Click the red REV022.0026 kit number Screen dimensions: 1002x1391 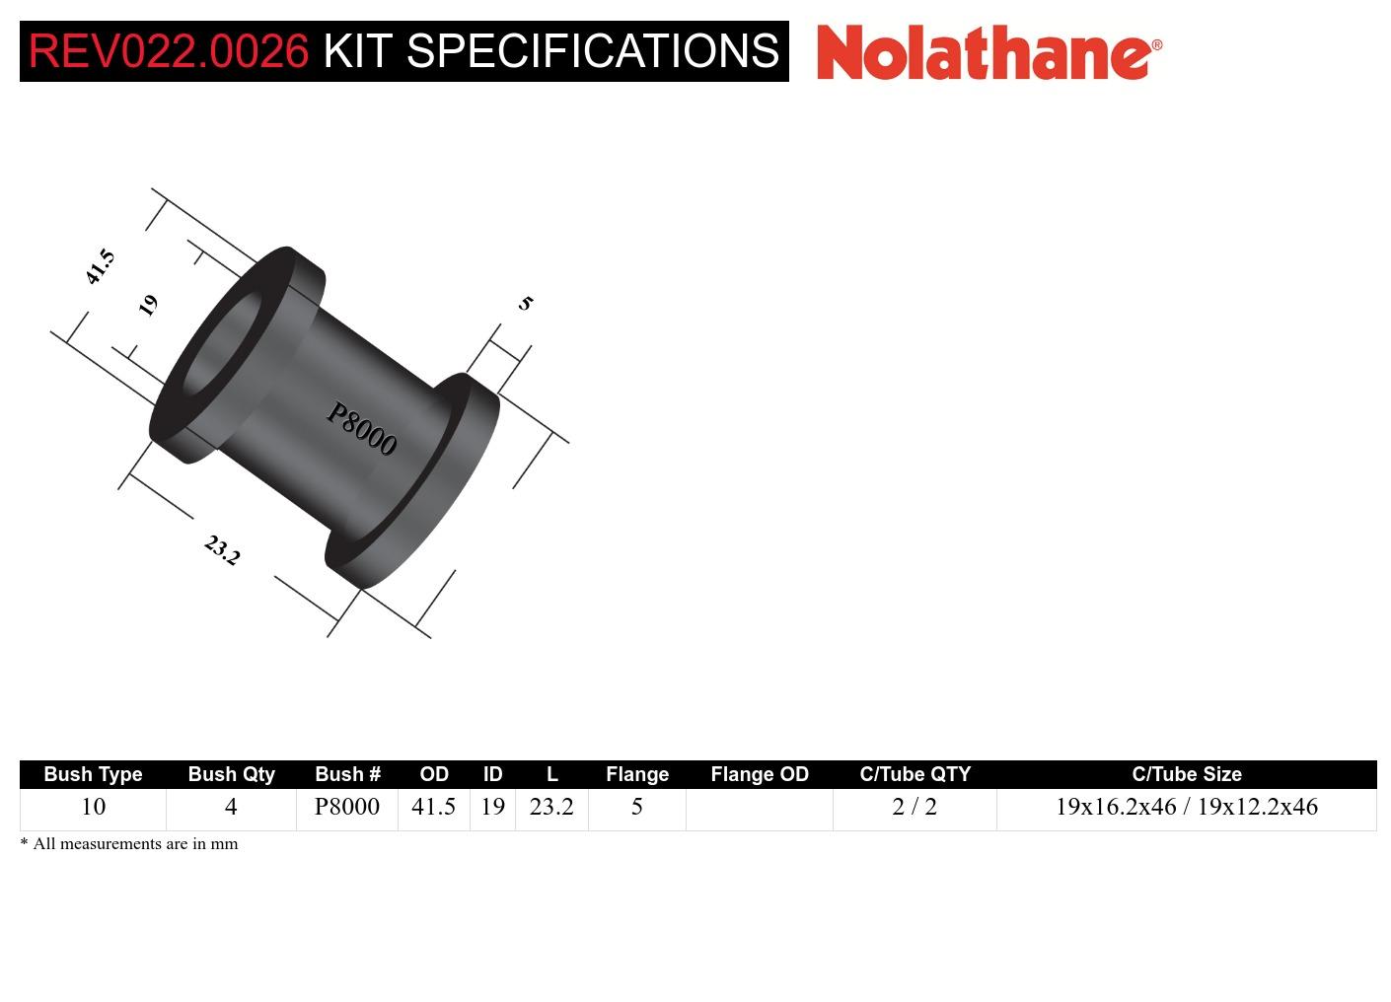[x=168, y=51]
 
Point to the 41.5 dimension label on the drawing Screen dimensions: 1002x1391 [x=100, y=267]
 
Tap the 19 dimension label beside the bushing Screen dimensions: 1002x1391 [x=148, y=305]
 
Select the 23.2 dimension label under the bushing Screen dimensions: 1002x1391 [x=222, y=550]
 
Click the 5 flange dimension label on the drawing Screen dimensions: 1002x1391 [x=525, y=303]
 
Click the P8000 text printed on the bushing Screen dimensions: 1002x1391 [x=361, y=430]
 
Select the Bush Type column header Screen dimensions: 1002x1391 [x=93, y=774]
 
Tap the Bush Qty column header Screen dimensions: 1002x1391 [x=231, y=774]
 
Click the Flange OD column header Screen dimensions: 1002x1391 [x=759, y=774]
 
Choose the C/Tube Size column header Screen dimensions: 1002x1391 [x=1186, y=774]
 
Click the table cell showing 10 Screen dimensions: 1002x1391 [x=93, y=807]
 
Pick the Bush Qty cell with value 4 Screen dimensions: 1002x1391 [x=231, y=807]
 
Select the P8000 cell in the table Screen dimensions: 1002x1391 [x=346, y=807]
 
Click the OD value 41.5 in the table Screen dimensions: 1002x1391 [x=433, y=807]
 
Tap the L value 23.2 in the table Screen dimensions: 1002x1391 [x=551, y=807]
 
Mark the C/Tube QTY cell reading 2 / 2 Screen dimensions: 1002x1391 [x=915, y=807]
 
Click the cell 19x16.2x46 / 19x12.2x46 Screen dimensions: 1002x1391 [x=1186, y=807]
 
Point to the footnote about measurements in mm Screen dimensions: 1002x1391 [x=129, y=844]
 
